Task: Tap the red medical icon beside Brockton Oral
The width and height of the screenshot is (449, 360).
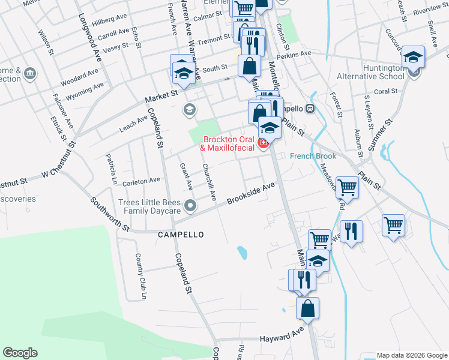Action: pyautogui.click(x=263, y=143)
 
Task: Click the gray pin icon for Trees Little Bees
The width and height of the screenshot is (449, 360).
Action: pyautogui.click(x=190, y=206)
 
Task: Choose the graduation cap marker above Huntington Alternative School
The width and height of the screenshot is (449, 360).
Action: pyautogui.click(x=413, y=58)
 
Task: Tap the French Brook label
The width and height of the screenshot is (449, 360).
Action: pyautogui.click(x=312, y=156)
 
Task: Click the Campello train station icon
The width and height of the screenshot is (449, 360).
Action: pyautogui.click(x=310, y=109)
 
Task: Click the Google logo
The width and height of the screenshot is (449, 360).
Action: pyautogui.click(x=20, y=353)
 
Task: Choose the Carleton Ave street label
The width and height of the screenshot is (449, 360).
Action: pyautogui.click(x=142, y=180)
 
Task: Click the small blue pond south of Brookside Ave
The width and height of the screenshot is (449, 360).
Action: pyautogui.click(x=242, y=252)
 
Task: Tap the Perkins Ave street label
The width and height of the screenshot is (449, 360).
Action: pyautogui.click(x=297, y=53)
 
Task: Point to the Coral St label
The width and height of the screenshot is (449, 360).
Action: pyautogui.click(x=385, y=91)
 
